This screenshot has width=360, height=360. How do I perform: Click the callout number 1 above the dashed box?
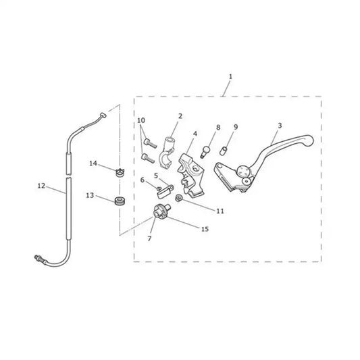[230, 77]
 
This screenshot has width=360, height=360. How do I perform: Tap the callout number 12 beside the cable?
[42, 186]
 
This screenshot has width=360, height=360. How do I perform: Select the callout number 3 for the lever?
[280, 126]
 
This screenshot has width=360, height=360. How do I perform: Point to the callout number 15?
[205, 229]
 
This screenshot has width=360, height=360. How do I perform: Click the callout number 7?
[149, 239]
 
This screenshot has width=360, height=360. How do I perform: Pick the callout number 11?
[220, 211]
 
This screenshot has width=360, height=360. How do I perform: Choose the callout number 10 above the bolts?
[141, 120]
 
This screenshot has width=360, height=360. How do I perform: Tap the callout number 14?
[93, 163]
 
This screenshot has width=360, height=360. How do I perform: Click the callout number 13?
[90, 195]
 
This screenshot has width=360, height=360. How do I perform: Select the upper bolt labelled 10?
[150, 143]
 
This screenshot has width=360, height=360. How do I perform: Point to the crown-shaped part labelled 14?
[120, 173]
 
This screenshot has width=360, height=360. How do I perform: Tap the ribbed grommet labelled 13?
[120, 201]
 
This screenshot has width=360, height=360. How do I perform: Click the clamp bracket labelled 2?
[167, 153]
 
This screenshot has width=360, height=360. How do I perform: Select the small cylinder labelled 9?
[223, 151]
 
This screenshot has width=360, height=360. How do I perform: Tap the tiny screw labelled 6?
[159, 188]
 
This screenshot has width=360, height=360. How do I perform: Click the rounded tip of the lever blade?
[309, 140]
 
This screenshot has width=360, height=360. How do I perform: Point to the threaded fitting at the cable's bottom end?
[38, 259]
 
